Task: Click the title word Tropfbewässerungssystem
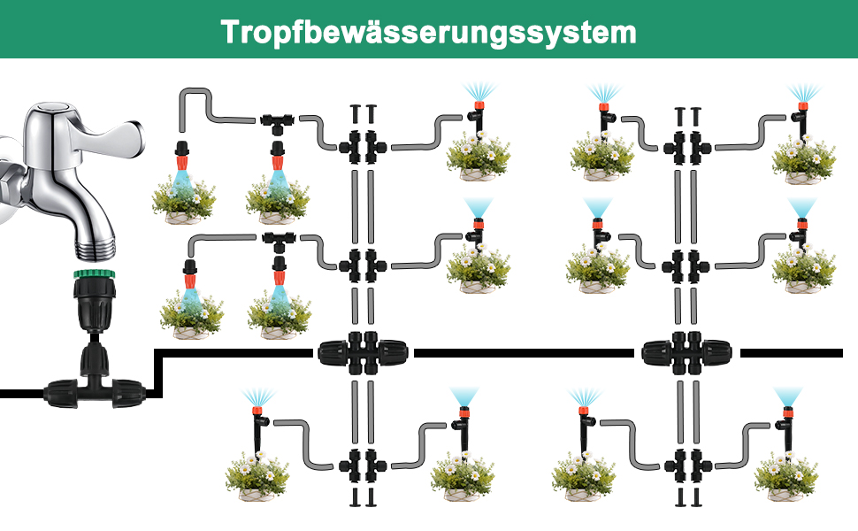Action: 428,31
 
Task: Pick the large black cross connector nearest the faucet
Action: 362,353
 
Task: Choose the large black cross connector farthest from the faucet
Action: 686,353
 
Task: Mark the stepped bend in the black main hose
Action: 157,372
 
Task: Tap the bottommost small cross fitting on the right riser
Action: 686,462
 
